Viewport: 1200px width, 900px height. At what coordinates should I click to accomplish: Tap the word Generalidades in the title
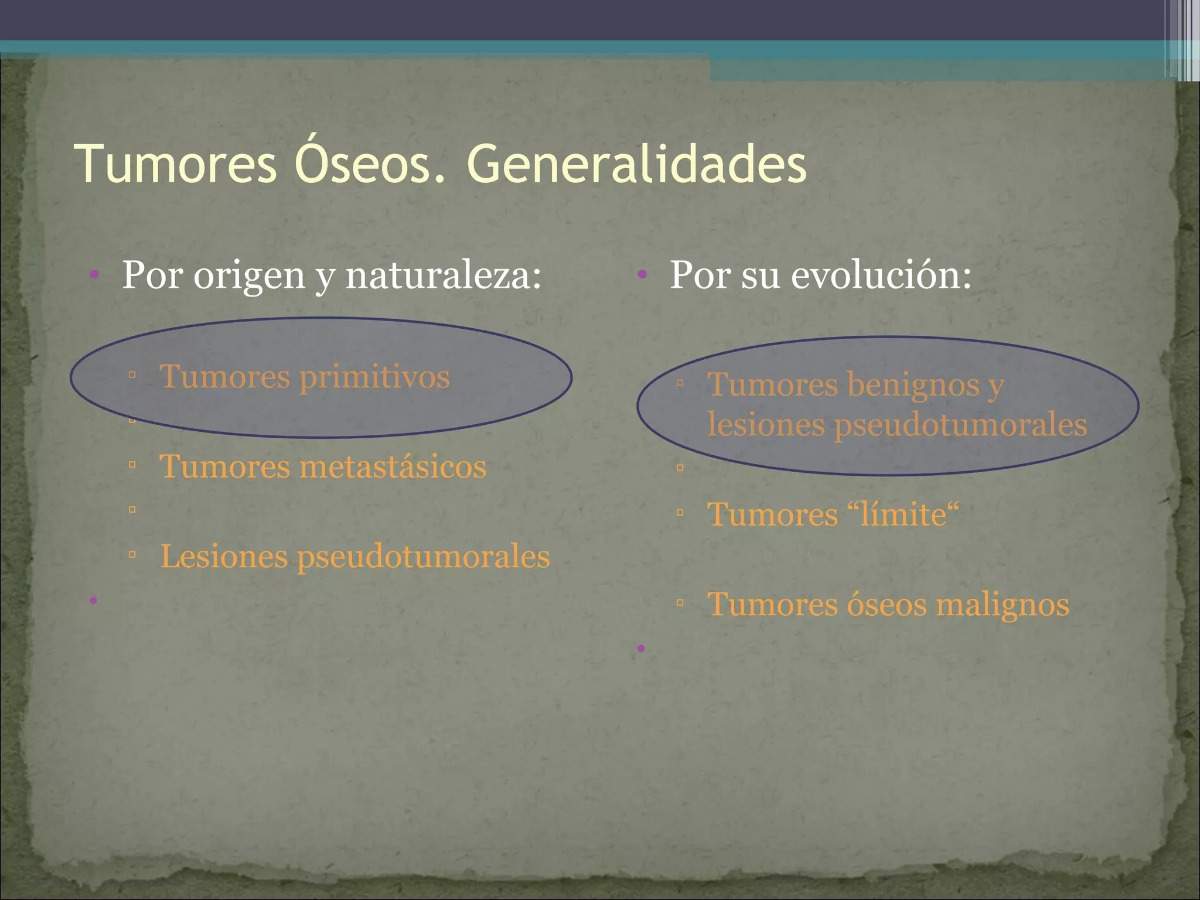tap(637, 164)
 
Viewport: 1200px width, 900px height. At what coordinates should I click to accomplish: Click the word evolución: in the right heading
tap(881, 275)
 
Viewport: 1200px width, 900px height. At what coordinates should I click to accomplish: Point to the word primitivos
tap(374, 377)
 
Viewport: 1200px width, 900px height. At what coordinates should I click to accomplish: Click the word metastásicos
tap(393, 467)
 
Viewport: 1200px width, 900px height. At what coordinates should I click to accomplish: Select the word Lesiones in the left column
tap(224, 557)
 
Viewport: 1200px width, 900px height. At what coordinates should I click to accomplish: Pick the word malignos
tap(1003, 605)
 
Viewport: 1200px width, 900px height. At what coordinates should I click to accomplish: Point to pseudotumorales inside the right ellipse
tap(961, 425)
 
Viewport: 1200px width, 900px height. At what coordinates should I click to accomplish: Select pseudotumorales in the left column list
tap(424, 557)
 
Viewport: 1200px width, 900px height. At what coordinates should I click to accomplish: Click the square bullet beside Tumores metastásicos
tap(132, 465)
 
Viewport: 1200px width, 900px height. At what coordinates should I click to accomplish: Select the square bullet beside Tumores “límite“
tap(680, 513)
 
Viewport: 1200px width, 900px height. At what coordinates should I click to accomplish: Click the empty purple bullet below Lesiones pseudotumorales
tap(93, 601)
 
